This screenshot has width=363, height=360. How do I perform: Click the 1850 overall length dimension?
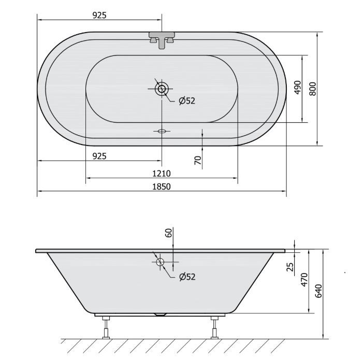point(162,186)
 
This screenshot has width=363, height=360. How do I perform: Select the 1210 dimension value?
point(162,173)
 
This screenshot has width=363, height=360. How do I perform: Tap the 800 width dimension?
point(313,89)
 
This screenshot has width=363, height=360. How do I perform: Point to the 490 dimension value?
point(298,88)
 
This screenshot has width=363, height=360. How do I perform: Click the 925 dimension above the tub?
point(99,15)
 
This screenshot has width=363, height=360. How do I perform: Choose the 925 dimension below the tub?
point(99,156)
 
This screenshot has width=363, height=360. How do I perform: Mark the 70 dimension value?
point(198,160)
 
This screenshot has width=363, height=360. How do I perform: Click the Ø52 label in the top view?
point(187,100)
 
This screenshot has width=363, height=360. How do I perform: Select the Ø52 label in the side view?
point(187,277)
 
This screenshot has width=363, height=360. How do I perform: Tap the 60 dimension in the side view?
point(169,233)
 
